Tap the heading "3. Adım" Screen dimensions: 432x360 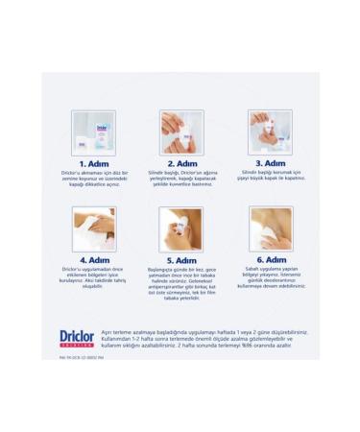click(269, 163)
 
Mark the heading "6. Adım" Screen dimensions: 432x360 click(269, 259)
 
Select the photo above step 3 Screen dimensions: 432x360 click(269, 132)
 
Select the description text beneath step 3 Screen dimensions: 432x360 click(269, 178)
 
